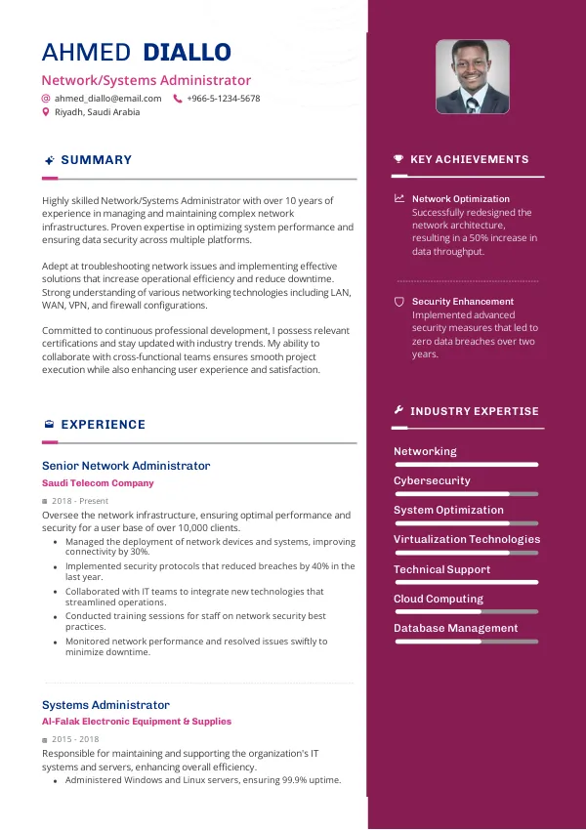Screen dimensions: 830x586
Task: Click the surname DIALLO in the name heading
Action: [x=187, y=53]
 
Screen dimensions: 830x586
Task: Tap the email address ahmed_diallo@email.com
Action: [x=107, y=99]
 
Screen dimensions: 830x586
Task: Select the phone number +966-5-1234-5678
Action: [x=223, y=99]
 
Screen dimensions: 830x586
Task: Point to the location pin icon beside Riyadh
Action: [x=45, y=112]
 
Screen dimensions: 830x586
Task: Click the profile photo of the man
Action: [x=473, y=76]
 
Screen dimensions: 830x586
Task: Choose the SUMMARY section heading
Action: [x=96, y=160]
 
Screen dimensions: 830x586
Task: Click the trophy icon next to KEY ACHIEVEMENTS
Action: [x=398, y=159]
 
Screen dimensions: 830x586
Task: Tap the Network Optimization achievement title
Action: [x=461, y=199]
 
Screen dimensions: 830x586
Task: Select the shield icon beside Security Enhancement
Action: [x=398, y=302]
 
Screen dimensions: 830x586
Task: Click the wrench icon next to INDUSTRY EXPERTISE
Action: [x=398, y=411]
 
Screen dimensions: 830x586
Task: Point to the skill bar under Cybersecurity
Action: [x=466, y=494]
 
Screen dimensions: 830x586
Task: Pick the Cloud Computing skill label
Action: [x=439, y=599]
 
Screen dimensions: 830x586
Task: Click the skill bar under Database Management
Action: [x=466, y=642]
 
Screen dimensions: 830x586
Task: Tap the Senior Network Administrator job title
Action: [x=126, y=466]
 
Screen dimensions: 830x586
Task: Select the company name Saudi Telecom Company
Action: [x=98, y=483]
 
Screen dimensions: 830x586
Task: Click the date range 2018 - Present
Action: [x=80, y=501]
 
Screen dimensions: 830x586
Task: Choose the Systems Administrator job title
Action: [x=105, y=705]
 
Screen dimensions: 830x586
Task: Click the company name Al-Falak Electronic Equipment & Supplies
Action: [x=137, y=722]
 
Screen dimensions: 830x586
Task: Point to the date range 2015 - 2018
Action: [x=76, y=739]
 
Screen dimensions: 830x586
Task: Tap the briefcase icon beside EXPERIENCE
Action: [x=49, y=425]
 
